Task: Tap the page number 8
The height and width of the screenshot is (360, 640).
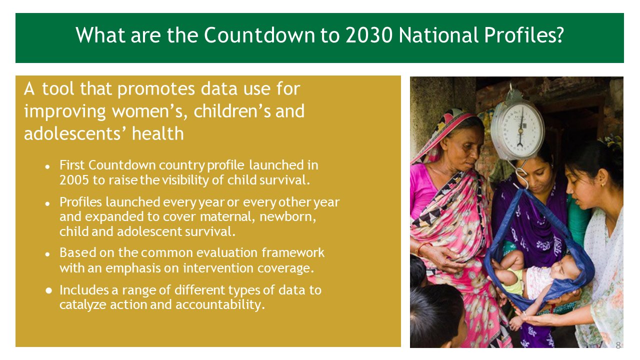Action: tap(618, 345)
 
